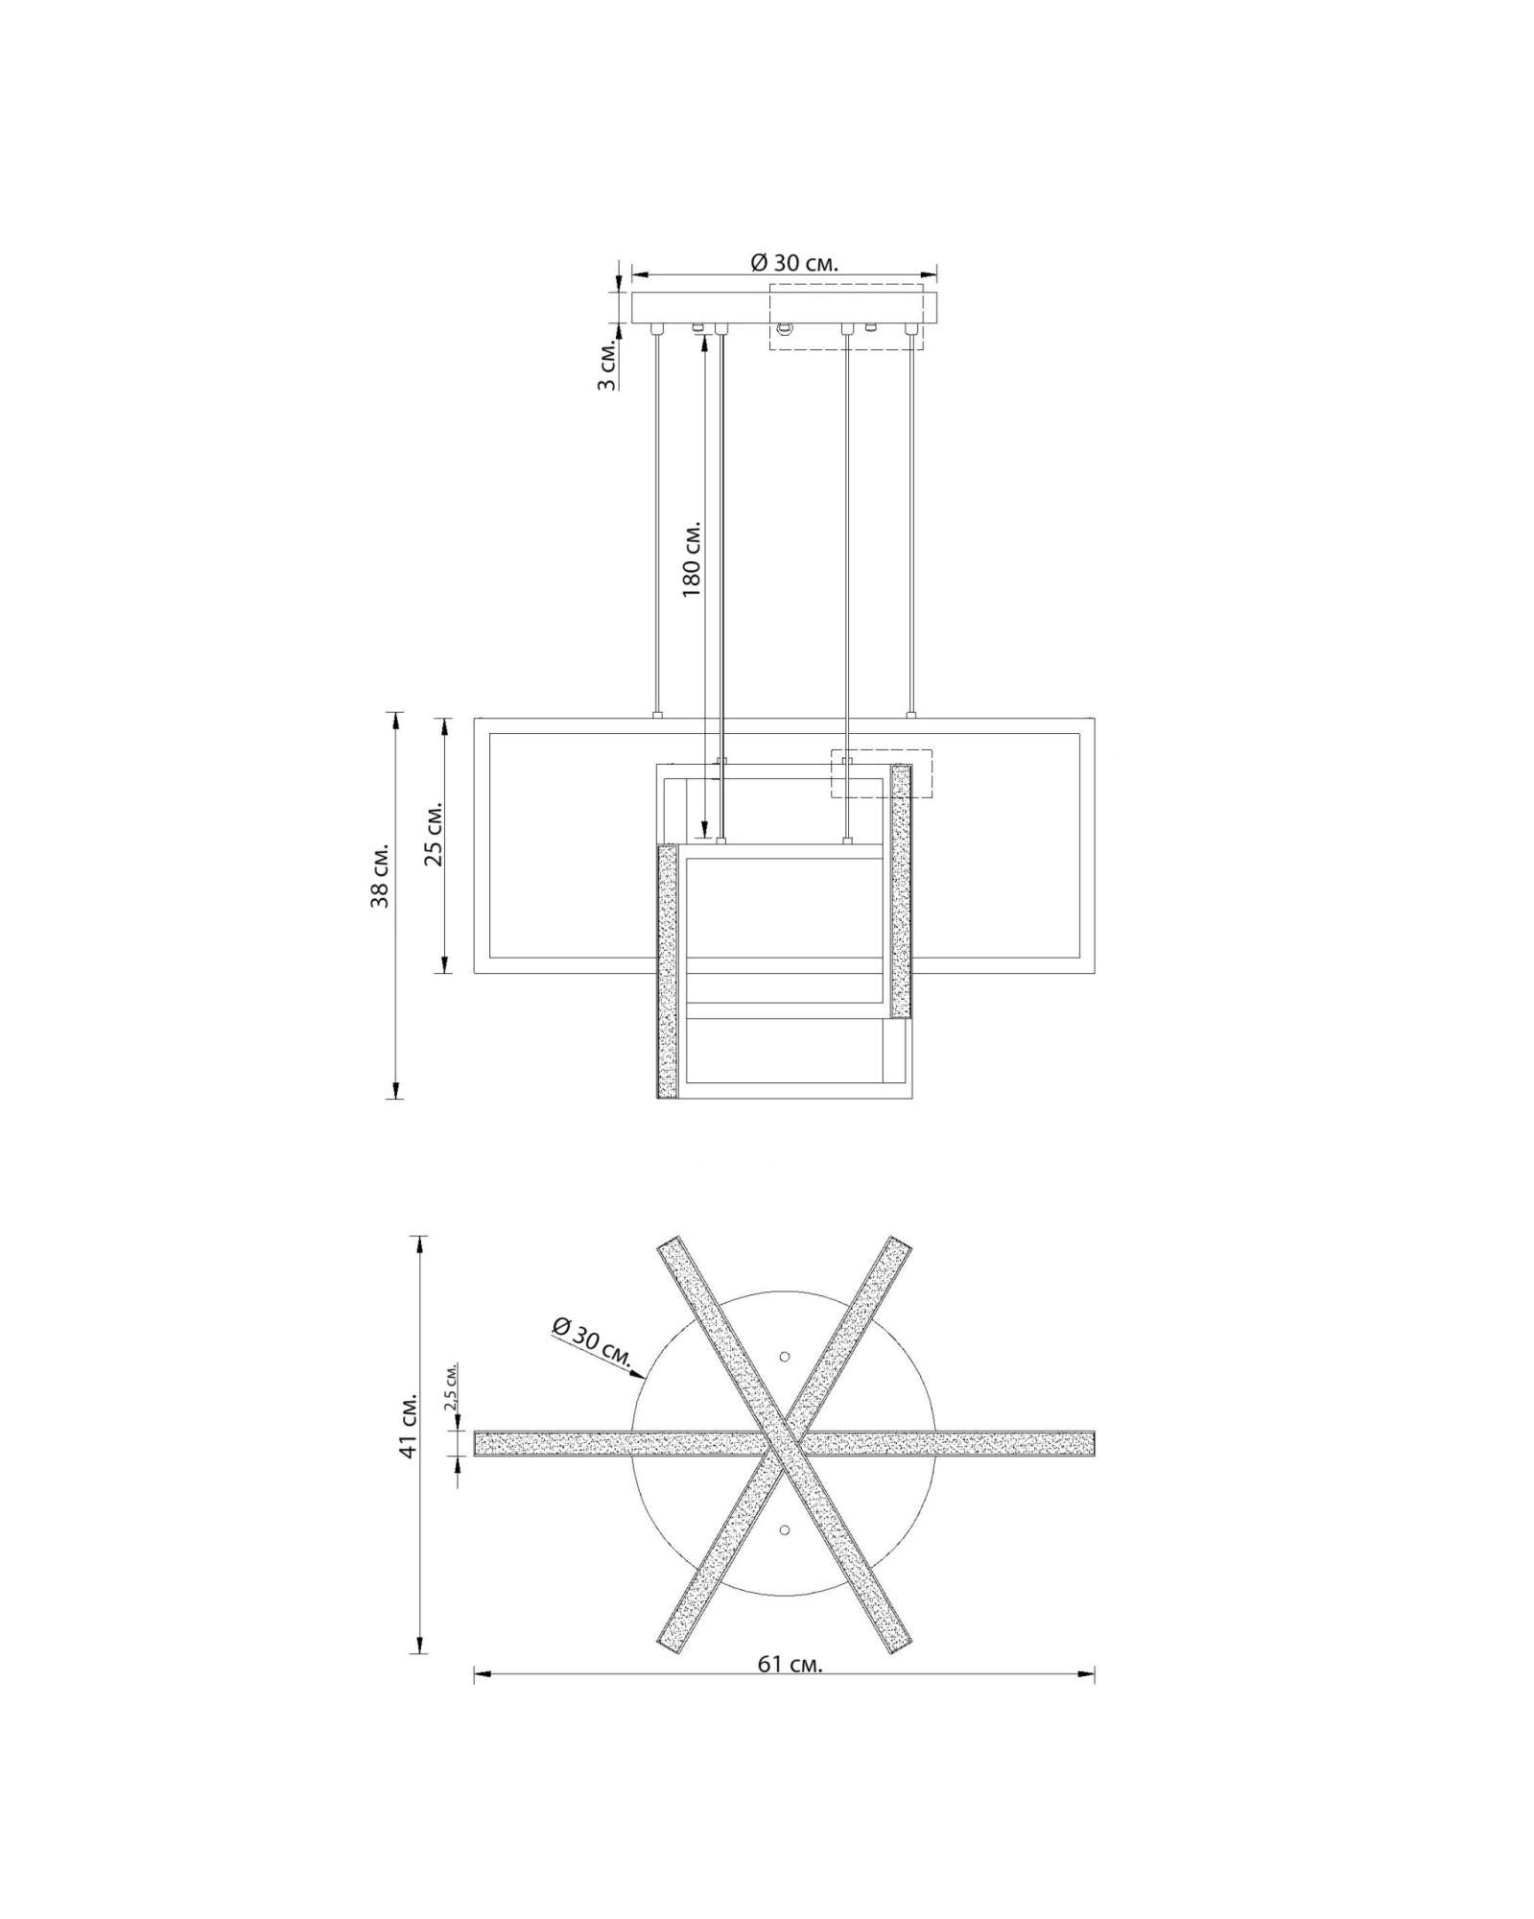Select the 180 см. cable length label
(692, 559)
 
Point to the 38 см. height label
(381, 876)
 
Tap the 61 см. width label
(790, 1664)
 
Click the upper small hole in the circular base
(784, 1356)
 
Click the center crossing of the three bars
(784, 1442)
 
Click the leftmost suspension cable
(656, 523)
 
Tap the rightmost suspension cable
(911, 523)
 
